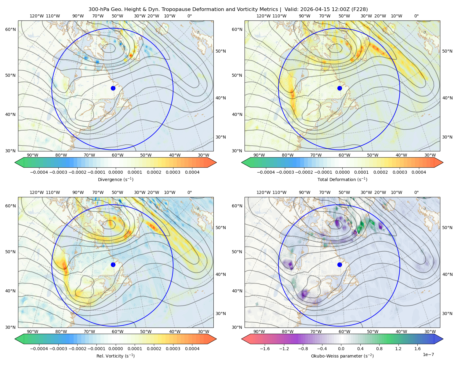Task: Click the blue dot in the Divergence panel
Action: click(x=113, y=88)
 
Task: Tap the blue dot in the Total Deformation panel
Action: click(x=340, y=88)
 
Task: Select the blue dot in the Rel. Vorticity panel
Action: click(x=113, y=265)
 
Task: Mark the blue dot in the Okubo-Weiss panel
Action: click(x=340, y=265)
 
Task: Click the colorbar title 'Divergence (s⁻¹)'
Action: click(x=115, y=179)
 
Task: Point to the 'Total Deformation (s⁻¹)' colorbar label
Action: click(x=342, y=179)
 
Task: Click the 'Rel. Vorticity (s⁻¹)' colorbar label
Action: click(x=115, y=356)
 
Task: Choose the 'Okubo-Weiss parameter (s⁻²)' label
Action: click(x=342, y=356)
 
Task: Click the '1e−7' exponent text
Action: click(x=428, y=355)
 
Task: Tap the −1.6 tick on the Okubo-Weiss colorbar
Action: click(x=265, y=349)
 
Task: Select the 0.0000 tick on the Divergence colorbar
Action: click(x=115, y=172)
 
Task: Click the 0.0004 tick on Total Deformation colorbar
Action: click(x=419, y=172)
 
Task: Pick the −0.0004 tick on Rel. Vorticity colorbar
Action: click(x=39, y=349)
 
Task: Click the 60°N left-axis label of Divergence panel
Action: click(x=10, y=29)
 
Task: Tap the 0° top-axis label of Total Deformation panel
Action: click(x=416, y=16)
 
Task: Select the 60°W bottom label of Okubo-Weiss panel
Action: click(x=344, y=332)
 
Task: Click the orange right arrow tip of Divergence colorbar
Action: click(x=216, y=162)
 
